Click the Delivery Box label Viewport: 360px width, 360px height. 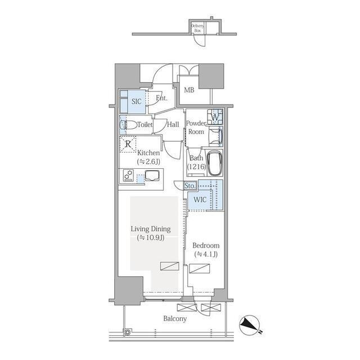(x=197, y=28)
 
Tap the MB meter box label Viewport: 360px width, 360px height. (x=189, y=90)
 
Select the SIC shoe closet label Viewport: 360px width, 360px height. (x=136, y=101)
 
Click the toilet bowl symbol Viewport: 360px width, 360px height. (x=128, y=125)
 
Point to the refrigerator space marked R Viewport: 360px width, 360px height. (x=128, y=144)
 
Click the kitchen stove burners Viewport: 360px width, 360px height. (x=128, y=175)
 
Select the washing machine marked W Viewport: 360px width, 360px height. (x=215, y=117)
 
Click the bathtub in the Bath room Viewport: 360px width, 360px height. (x=214, y=163)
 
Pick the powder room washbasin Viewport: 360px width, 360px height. (x=216, y=136)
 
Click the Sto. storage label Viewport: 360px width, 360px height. (x=190, y=186)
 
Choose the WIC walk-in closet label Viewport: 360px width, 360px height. (x=200, y=200)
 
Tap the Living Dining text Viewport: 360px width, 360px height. (x=151, y=229)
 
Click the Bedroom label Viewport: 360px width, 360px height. (x=206, y=245)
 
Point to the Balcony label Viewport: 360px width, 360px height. (x=175, y=319)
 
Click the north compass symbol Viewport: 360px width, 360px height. (x=250, y=325)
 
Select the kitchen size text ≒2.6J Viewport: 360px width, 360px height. (x=148, y=161)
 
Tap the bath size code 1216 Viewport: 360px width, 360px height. (x=196, y=166)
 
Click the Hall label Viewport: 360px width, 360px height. (x=173, y=125)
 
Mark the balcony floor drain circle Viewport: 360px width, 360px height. (x=127, y=332)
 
